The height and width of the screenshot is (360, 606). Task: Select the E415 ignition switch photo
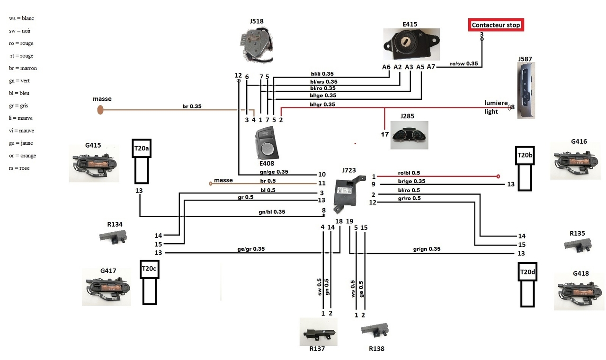411,44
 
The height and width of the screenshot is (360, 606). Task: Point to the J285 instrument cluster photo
409,134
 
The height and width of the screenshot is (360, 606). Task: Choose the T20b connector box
525,155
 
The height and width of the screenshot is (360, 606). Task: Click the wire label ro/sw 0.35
463,63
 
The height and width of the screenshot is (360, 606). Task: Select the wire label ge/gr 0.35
251,249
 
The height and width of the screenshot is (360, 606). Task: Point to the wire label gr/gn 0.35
427,249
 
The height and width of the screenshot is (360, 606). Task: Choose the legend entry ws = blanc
21,18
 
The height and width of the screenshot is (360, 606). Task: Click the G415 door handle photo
94,162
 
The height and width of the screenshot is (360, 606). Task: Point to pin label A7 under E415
431,67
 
